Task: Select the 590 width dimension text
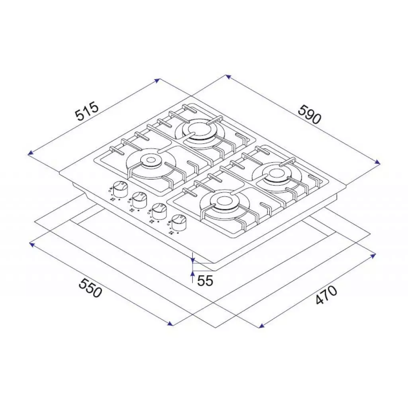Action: (x=309, y=114)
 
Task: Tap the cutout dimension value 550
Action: (x=91, y=288)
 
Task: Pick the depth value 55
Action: (x=206, y=281)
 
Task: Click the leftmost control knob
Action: (x=118, y=187)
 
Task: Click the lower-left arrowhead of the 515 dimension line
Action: (x=29, y=153)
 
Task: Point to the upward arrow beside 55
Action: (x=192, y=273)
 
